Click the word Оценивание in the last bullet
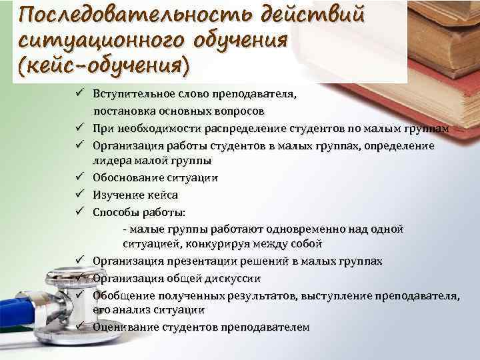pos(124,327)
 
